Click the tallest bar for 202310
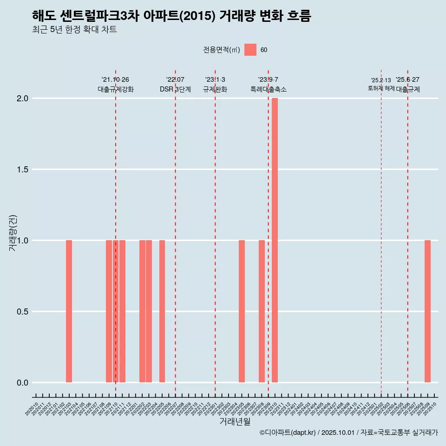(x=275, y=240)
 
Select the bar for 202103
(x=69, y=311)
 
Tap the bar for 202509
(x=427, y=311)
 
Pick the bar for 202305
(x=242, y=311)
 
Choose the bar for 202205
(x=162, y=311)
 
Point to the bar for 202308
(x=262, y=311)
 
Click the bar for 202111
(x=122, y=311)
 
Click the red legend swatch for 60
(x=250, y=50)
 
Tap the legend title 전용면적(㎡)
(x=222, y=50)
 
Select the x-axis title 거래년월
(x=235, y=421)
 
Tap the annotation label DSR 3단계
(x=176, y=89)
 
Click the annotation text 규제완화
(x=215, y=89)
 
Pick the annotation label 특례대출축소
(x=269, y=89)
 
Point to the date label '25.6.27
(x=407, y=80)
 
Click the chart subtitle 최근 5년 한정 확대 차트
(x=74, y=30)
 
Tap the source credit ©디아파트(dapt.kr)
(x=288, y=433)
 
